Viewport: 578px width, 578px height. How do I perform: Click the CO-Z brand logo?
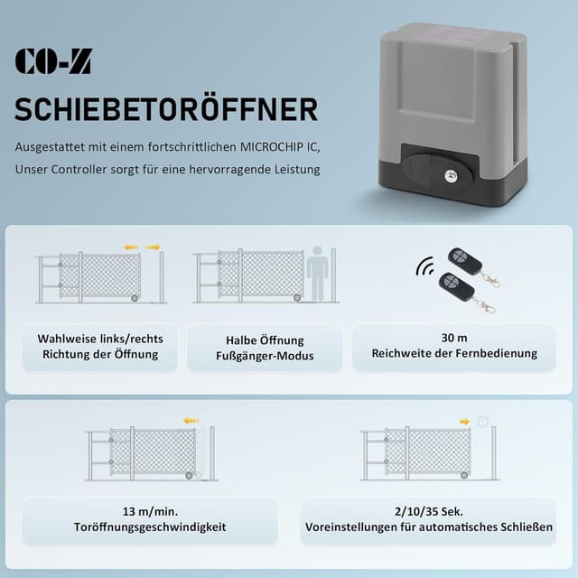coord(52,61)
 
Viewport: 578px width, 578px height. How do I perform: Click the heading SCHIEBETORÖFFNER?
coord(166,109)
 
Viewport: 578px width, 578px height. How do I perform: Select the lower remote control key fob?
coord(456,289)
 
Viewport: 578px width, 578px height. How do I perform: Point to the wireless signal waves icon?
coord(424,267)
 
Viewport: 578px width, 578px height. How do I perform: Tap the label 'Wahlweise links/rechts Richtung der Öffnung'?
coord(100,347)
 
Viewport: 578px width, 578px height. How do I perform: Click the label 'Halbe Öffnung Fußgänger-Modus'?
coord(265,348)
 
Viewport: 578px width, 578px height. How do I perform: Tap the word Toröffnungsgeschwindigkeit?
coord(150,527)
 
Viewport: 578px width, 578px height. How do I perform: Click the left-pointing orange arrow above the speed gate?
coord(191,420)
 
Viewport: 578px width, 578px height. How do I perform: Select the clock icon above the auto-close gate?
coord(483,421)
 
